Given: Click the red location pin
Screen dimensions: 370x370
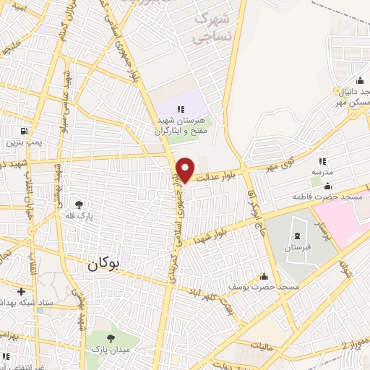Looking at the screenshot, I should click(186, 169).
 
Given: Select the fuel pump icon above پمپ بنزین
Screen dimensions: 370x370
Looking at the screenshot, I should click(26, 132).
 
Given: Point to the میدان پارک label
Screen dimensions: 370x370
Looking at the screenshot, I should click(108, 350).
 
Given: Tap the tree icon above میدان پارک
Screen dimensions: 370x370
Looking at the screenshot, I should click(110, 338).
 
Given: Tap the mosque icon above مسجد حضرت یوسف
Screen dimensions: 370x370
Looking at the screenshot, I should click(264, 277).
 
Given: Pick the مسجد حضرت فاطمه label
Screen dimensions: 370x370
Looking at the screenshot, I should click(322, 197).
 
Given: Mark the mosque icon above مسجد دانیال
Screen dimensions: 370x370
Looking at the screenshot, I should click(359, 80).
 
